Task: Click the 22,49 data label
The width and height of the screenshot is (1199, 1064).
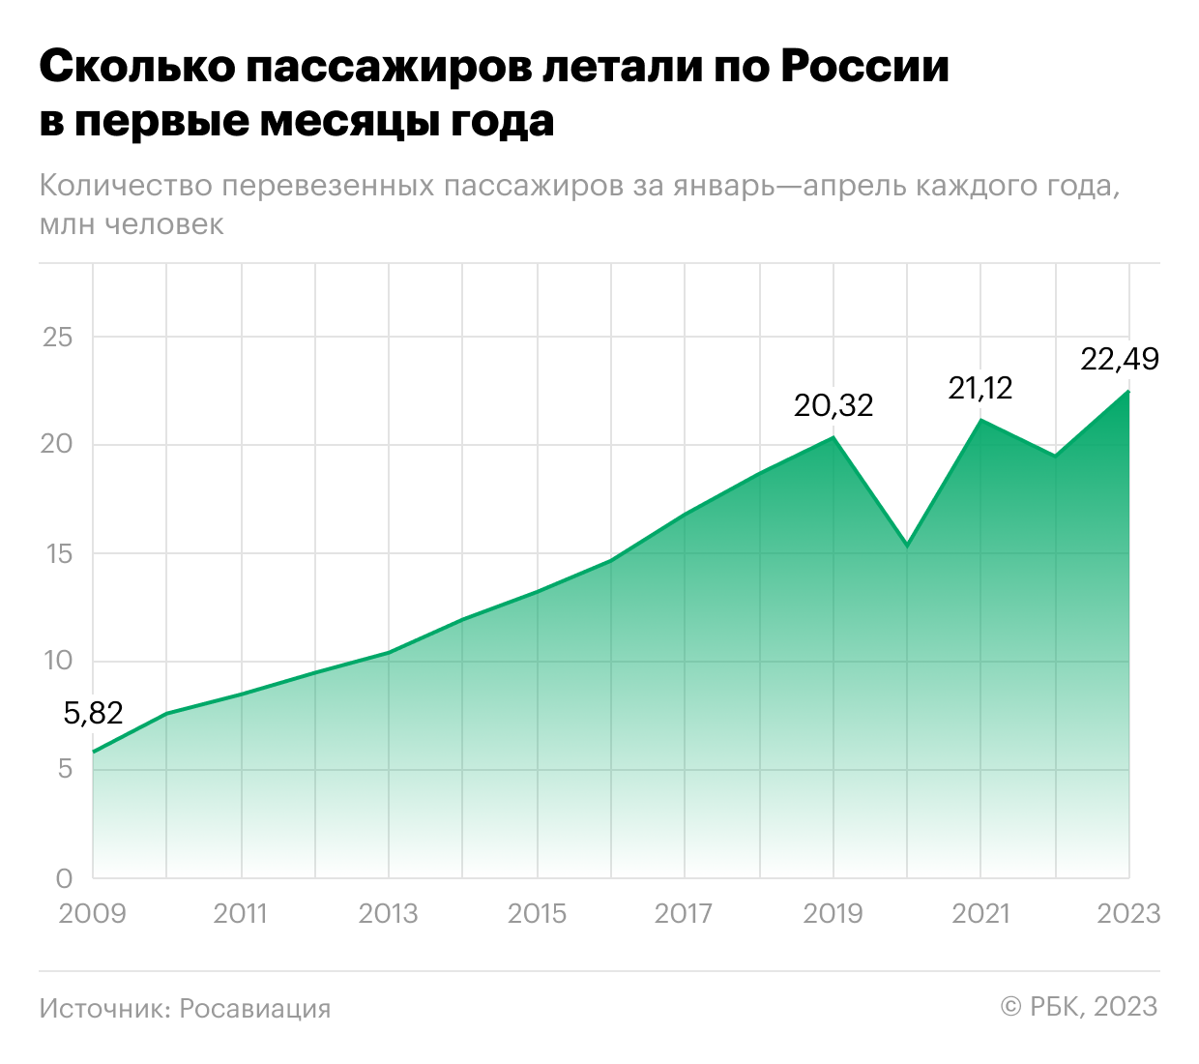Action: click(x=1120, y=359)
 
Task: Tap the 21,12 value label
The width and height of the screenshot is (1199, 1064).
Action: click(x=980, y=388)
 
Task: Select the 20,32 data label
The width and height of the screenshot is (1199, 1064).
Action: click(x=833, y=404)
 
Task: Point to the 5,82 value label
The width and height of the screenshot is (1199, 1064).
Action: click(x=94, y=713)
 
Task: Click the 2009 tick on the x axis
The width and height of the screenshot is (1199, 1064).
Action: click(x=92, y=913)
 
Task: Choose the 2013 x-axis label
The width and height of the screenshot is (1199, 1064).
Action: click(x=388, y=913)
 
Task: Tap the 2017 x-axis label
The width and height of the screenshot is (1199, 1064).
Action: click(x=684, y=913)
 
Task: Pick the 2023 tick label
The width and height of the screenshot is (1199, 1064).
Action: click(x=1128, y=913)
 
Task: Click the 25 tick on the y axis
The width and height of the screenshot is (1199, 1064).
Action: click(x=58, y=337)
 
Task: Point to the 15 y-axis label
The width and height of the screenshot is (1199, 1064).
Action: click(x=58, y=553)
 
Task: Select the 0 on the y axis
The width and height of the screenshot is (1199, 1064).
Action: click(x=65, y=878)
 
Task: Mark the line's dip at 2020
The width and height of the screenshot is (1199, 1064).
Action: click(x=907, y=546)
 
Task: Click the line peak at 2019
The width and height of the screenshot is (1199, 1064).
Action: click(x=833, y=436)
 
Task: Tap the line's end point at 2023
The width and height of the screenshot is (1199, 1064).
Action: click(x=1128, y=391)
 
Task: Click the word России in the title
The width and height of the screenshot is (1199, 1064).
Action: click(x=864, y=67)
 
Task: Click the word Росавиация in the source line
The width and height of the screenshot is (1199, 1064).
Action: click(x=255, y=1008)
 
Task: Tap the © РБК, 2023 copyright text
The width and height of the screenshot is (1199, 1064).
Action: click(x=1079, y=1006)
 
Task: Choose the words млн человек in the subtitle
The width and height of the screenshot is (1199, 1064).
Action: click(x=132, y=224)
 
